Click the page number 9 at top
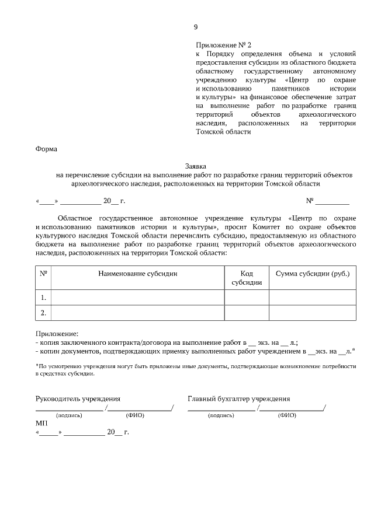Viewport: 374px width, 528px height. click(196, 27)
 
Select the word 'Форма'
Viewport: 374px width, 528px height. click(47, 149)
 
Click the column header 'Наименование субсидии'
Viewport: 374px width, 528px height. click(137, 273)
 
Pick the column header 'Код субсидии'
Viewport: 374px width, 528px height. click(247, 278)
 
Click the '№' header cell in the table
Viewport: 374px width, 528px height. click(43, 273)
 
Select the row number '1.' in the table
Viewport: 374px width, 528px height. click(43, 298)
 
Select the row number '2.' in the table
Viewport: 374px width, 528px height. click(43, 313)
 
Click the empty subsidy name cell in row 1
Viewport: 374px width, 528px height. click(137, 298)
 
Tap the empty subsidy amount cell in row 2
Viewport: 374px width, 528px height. click(313, 313)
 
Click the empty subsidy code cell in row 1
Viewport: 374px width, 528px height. click(247, 298)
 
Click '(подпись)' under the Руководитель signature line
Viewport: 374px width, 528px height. click(69, 415)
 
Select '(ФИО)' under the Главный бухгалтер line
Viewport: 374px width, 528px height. click(287, 415)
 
